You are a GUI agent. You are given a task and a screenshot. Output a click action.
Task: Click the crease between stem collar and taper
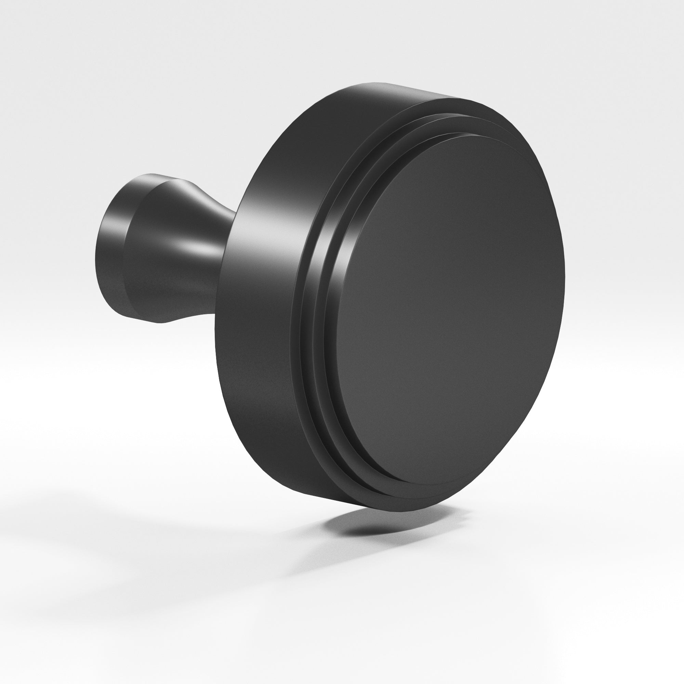[124, 248]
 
